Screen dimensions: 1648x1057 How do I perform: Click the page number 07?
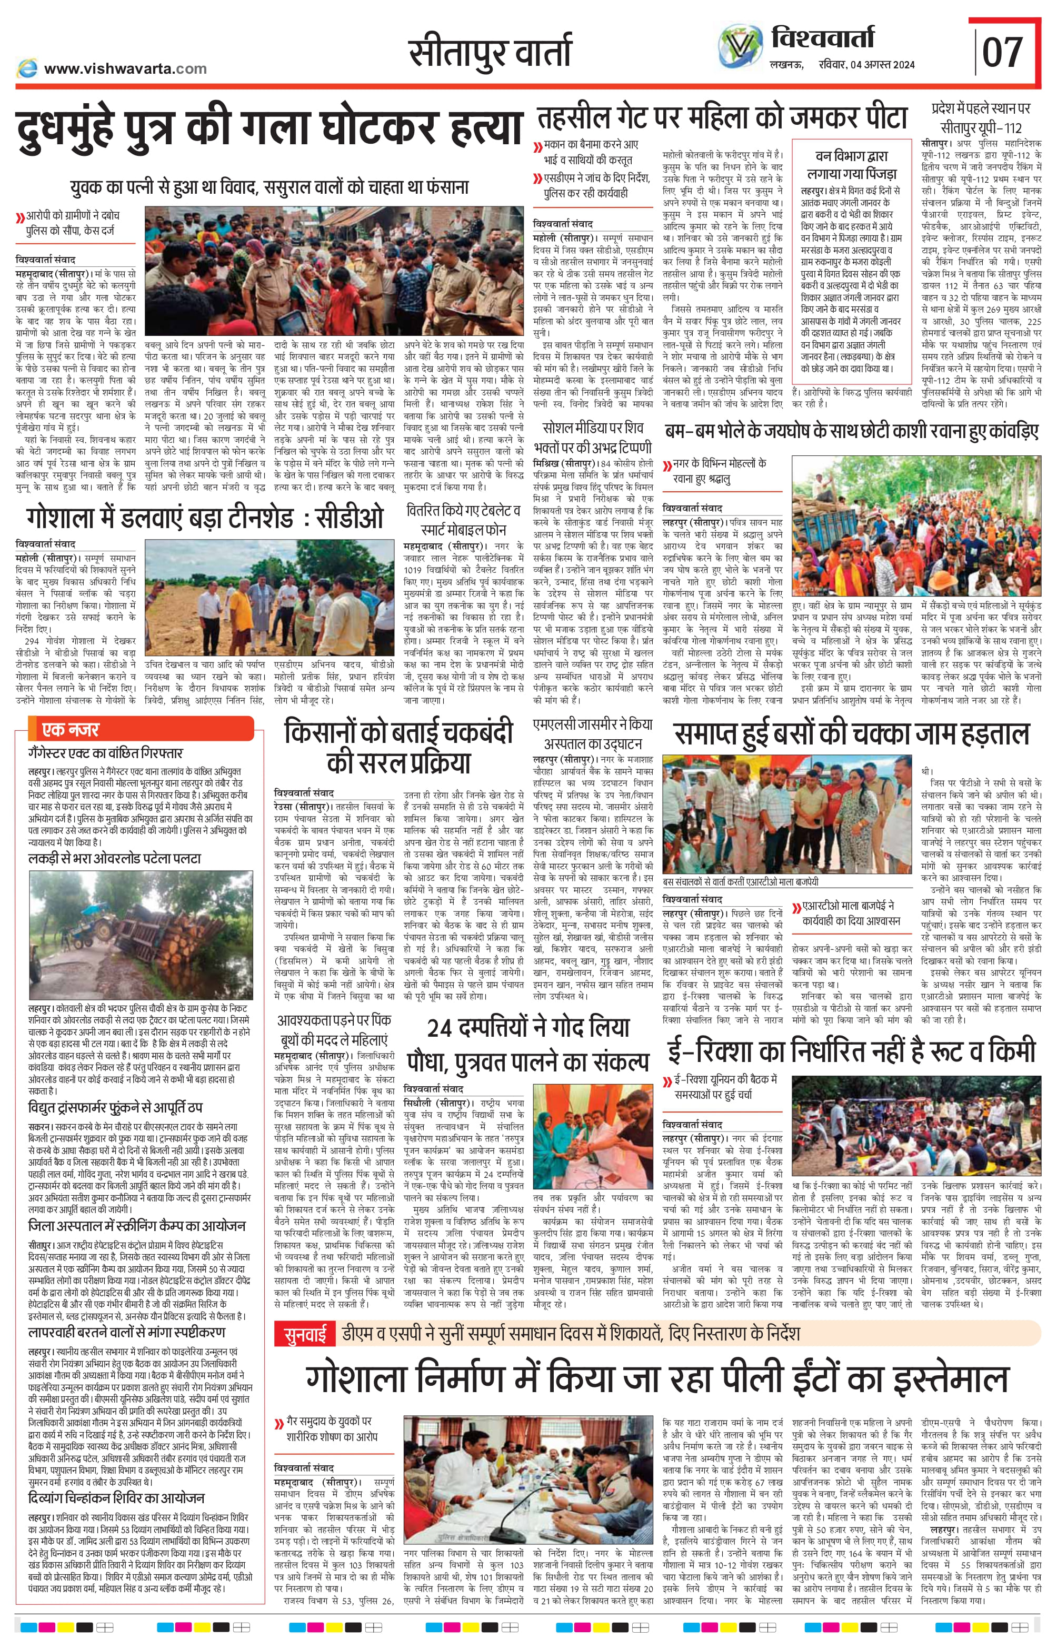1002,52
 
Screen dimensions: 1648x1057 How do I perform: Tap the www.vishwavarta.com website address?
125,68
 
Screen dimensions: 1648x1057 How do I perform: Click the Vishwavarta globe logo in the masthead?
740,47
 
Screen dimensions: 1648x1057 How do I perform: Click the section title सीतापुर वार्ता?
490,52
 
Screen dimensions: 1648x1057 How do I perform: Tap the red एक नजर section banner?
141,728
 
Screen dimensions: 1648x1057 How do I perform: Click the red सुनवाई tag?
305,1334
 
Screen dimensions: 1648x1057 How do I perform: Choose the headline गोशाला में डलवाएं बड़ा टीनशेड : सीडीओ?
205,518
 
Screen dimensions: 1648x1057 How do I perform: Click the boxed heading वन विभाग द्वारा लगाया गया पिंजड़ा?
851,165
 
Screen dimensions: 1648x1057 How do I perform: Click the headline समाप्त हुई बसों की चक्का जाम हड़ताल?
852,734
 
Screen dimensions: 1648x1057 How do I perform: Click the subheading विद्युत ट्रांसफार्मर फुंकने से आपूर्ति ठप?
115,1107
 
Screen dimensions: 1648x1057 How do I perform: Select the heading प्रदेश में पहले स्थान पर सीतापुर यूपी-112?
981,118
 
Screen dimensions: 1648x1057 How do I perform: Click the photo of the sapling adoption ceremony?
593,1135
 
